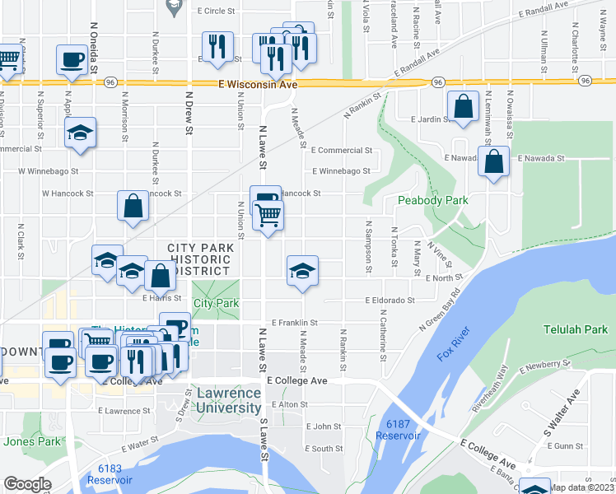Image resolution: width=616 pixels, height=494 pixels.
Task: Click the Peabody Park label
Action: (432, 200)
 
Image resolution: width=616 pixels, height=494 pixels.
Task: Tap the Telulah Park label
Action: (574, 329)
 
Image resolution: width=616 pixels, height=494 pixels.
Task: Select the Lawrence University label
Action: (229, 400)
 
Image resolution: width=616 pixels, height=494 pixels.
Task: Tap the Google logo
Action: (27, 484)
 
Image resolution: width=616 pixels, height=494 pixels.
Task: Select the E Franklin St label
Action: (293, 323)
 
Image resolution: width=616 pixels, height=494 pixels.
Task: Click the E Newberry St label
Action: (547, 363)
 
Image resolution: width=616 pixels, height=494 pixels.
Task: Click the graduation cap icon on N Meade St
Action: (302, 270)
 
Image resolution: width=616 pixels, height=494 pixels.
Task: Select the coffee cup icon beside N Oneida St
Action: (72, 59)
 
